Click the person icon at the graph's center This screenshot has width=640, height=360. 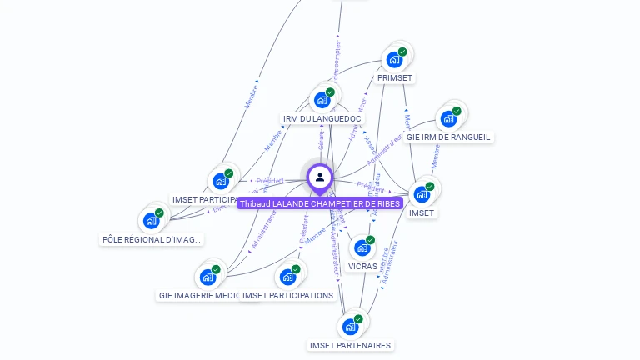tap(319, 177)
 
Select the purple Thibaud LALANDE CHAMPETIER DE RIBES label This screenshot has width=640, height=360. tap(320, 203)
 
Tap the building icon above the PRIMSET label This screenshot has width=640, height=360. tap(394, 60)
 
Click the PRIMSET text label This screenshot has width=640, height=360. tap(395, 77)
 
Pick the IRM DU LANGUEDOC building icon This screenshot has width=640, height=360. tap(322, 101)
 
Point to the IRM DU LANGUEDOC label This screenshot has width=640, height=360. tap(321, 119)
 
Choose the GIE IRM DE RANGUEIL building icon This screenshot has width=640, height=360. tap(448, 118)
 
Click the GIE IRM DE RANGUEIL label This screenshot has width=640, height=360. tap(448, 137)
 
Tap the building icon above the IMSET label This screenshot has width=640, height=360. tap(422, 194)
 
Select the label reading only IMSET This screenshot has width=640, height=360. tap(422, 212)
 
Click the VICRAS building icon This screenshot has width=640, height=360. tap(362, 247)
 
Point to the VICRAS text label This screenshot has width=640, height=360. tap(362, 266)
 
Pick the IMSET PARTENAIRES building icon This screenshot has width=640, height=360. tap(350, 327)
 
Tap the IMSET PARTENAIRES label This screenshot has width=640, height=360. tap(350, 345)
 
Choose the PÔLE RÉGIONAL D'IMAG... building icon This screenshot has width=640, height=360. tap(151, 221)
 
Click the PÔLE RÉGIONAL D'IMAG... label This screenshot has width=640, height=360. tap(151, 239)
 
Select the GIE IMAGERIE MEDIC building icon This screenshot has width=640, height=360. tap(207, 277)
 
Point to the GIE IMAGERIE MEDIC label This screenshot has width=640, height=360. tap(199, 295)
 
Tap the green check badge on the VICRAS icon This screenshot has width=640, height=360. tap(370, 240)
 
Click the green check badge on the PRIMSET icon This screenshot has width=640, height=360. tap(402, 52)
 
